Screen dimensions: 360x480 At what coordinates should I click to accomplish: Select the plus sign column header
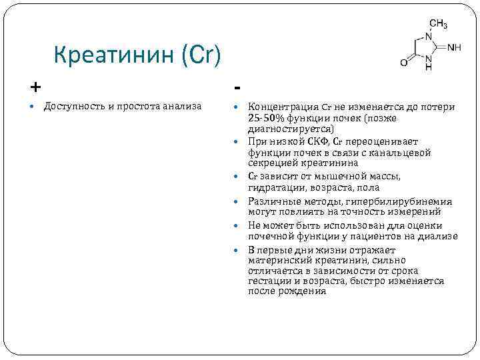[x=35, y=87]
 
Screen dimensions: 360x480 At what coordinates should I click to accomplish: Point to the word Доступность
[x=73, y=107]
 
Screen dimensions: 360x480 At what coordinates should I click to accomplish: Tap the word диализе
[x=438, y=235]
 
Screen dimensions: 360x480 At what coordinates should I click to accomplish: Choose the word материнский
[x=281, y=261]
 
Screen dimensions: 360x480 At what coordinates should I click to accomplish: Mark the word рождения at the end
[x=304, y=291]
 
